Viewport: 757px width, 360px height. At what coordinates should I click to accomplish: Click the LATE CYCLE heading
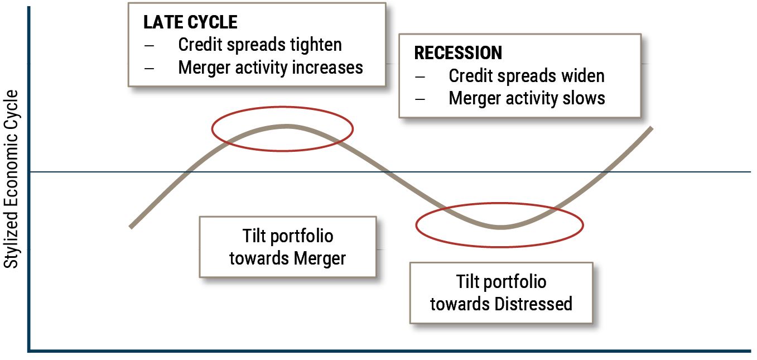click(190, 22)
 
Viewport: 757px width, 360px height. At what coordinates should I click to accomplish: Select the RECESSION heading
click(458, 53)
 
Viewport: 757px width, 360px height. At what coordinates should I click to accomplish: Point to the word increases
click(327, 68)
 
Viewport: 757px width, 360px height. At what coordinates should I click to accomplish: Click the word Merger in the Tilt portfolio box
click(319, 259)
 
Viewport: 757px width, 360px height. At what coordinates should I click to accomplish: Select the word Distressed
click(533, 304)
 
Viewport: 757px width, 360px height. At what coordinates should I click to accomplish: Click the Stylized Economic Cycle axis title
click(11, 179)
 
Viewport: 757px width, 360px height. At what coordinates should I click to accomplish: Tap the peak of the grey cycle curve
click(287, 127)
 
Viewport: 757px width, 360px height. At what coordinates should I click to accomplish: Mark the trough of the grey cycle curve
click(502, 227)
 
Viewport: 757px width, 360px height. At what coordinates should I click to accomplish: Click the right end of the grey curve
click(651, 128)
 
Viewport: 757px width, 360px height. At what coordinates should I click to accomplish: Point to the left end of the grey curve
click(131, 227)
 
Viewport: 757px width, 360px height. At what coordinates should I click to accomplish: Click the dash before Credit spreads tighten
click(149, 45)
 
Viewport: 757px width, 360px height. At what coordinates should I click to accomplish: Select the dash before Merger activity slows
click(420, 99)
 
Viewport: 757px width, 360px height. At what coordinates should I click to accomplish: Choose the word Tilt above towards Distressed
click(467, 281)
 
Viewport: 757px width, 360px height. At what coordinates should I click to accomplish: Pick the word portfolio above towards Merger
click(302, 237)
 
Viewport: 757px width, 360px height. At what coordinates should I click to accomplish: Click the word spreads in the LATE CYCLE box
click(248, 45)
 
